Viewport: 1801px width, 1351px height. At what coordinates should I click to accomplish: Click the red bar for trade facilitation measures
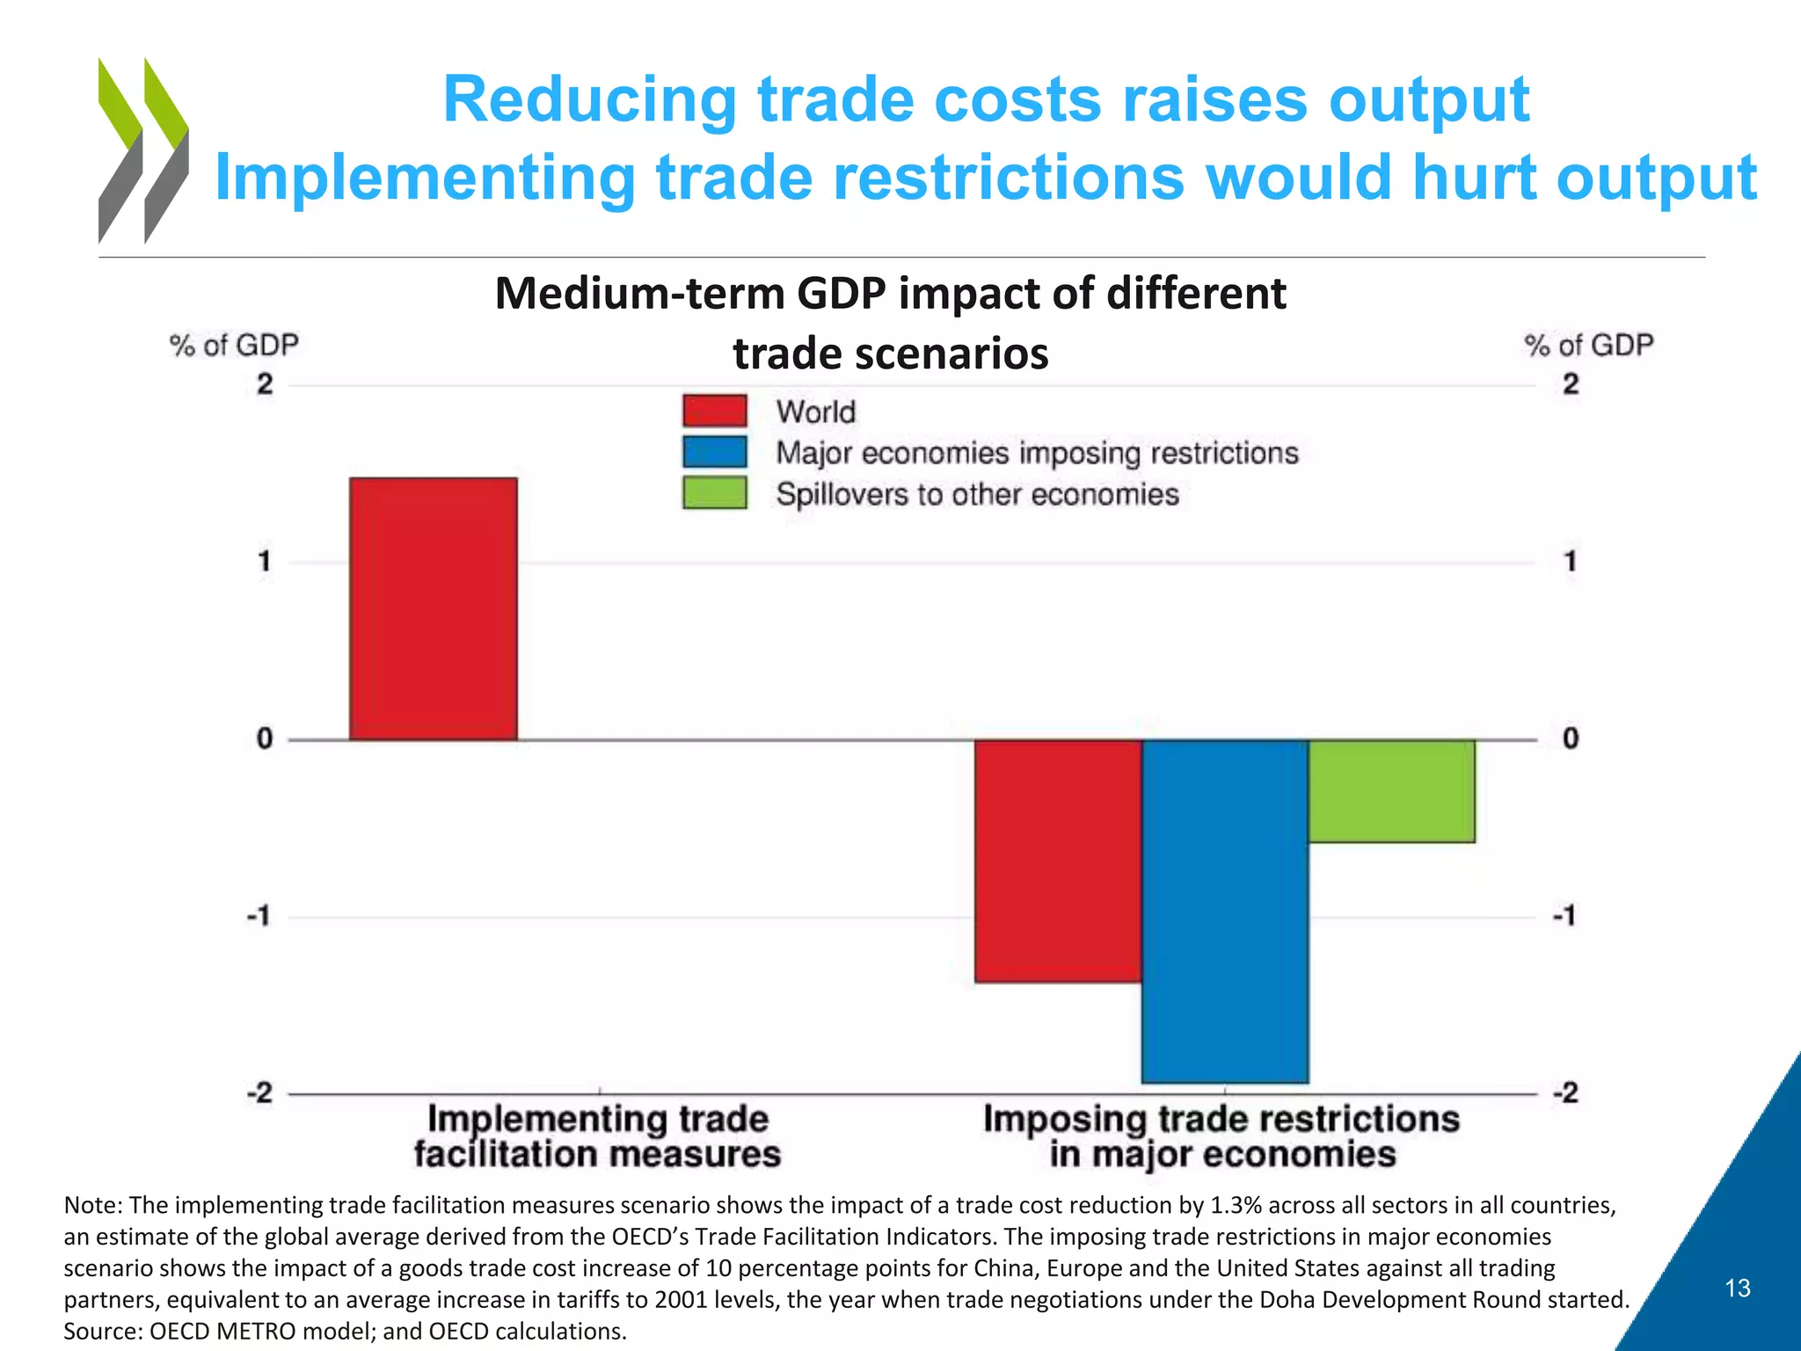(433, 609)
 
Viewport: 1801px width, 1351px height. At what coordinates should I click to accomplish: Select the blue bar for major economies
(1225, 910)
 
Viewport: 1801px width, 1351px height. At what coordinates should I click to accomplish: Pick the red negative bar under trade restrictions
(1058, 860)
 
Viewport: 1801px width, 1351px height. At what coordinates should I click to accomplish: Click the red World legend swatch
(714, 411)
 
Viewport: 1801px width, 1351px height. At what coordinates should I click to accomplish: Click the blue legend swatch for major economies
(714, 452)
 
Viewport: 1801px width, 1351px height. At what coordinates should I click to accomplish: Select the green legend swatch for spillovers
(714, 493)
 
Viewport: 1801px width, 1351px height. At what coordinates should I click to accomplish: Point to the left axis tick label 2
(264, 384)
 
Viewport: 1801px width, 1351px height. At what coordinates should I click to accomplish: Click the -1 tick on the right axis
(1564, 916)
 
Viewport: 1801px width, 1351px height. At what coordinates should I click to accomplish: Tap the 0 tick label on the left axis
(264, 739)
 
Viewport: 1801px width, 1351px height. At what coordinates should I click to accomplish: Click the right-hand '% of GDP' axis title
(1588, 346)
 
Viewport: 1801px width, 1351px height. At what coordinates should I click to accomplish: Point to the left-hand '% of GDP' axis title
(234, 346)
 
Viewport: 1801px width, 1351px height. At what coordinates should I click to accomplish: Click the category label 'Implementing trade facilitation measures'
(598, 1136)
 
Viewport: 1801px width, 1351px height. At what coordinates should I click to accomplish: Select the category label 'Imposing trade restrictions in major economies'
(1221, 1136)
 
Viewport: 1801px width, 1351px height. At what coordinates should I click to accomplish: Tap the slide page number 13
(1737, 1289)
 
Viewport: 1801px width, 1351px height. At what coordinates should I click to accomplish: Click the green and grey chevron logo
(143, 150)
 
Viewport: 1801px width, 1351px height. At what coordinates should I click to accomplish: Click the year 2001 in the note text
(681, 1300)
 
